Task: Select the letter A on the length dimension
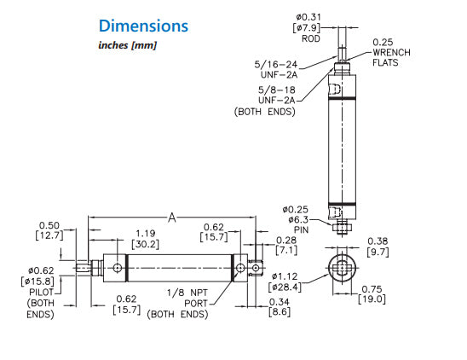pos(171,218)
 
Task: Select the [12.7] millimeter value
pos(49,235)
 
